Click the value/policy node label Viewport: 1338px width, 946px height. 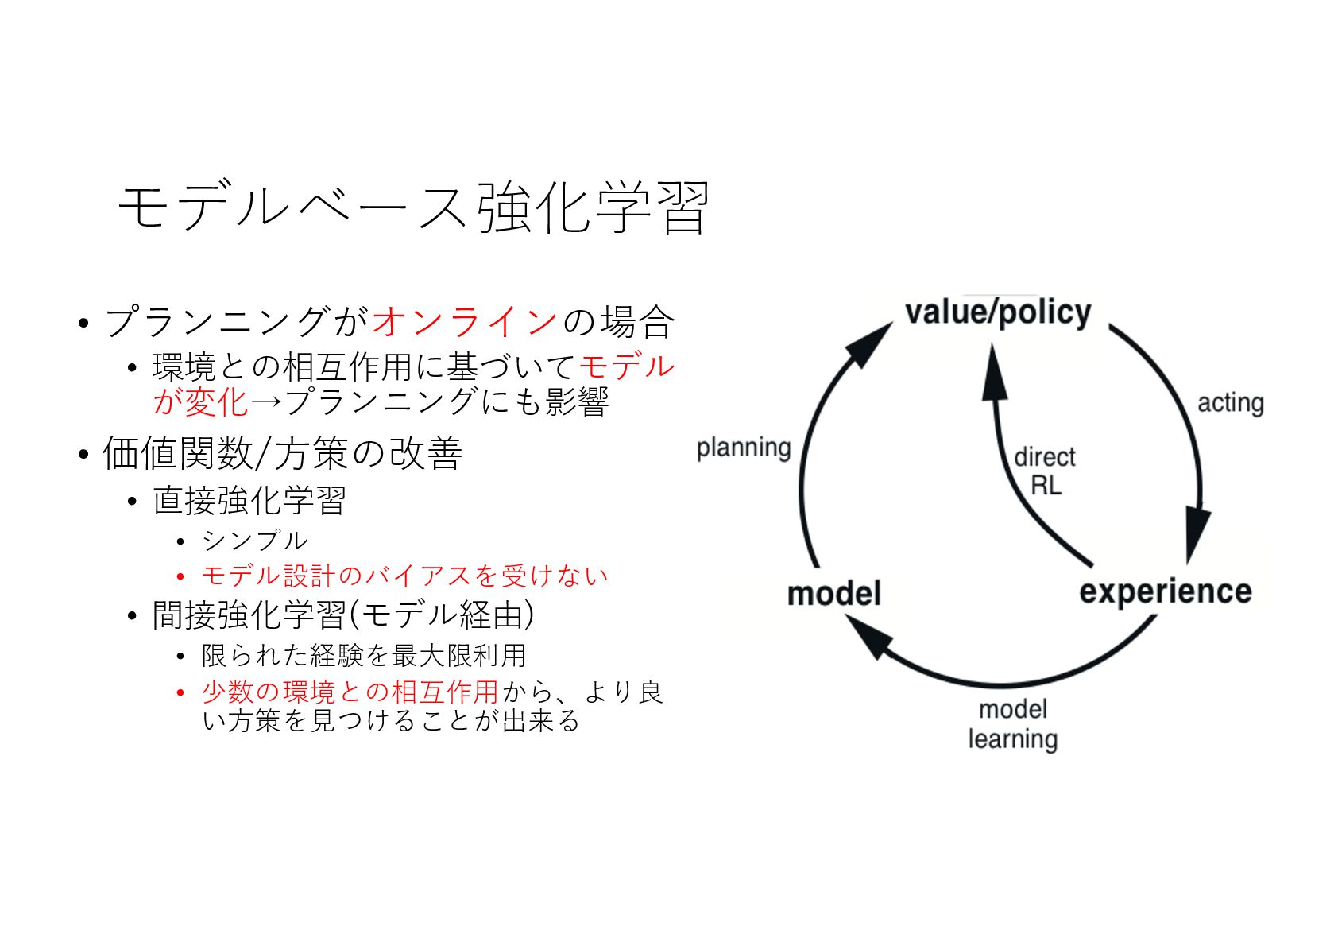(998, 312)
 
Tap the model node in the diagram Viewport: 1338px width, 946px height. (833, 594)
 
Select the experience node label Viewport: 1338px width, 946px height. (1165, 591)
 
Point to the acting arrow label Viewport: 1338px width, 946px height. (1230, 403)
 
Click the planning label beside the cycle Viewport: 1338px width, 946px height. (743, 448)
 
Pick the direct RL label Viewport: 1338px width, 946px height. (1045, 471)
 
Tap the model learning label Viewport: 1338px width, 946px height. (1012, 723)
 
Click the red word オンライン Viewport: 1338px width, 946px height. (465, 322)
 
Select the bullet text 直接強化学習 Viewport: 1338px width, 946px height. (249, 501)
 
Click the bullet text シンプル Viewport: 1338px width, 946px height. (254, 541)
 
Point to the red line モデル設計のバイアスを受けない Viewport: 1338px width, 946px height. (404, 576)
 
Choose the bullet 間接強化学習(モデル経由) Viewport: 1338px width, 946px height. (342, 615)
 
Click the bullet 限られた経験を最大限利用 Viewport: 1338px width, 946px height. (364, 655)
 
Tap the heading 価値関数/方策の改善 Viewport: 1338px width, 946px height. (282, 454)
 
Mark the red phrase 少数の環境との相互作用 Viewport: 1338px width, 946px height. (350, 692)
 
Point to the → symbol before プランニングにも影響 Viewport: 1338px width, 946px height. (266, 401)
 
